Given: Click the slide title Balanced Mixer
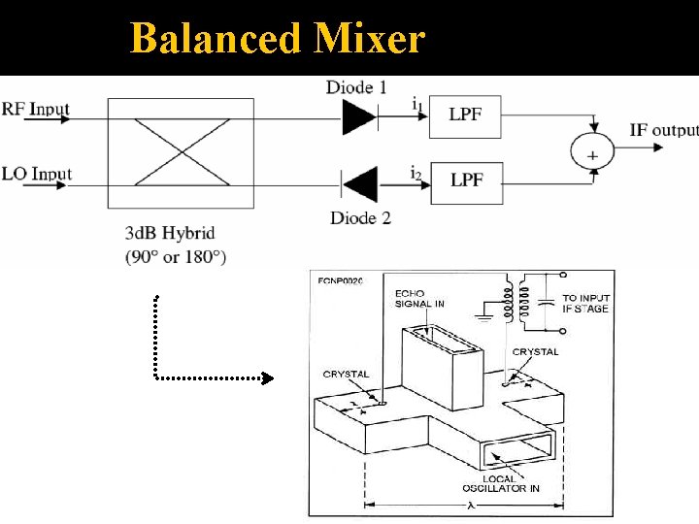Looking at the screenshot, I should tap(277, 39).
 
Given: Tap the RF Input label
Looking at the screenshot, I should tap(36, 108).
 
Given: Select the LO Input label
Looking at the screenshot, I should tap(37, 174).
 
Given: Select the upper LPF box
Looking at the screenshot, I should tap(466, 115).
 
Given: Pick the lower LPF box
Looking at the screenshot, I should tap(466, 181).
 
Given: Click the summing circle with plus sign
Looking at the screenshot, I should tap(593, 153).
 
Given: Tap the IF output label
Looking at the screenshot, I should tap(663, 130).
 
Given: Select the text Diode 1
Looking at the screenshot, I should tap(356, 87).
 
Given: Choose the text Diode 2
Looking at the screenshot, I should tap(360, 217).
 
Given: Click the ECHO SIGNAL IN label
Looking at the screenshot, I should tap(419, 298).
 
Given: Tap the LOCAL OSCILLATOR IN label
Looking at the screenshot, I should tap(500, 481).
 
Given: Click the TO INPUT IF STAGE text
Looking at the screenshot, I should tap(585, 303).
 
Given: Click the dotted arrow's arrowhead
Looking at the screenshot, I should tap(269, 378).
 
